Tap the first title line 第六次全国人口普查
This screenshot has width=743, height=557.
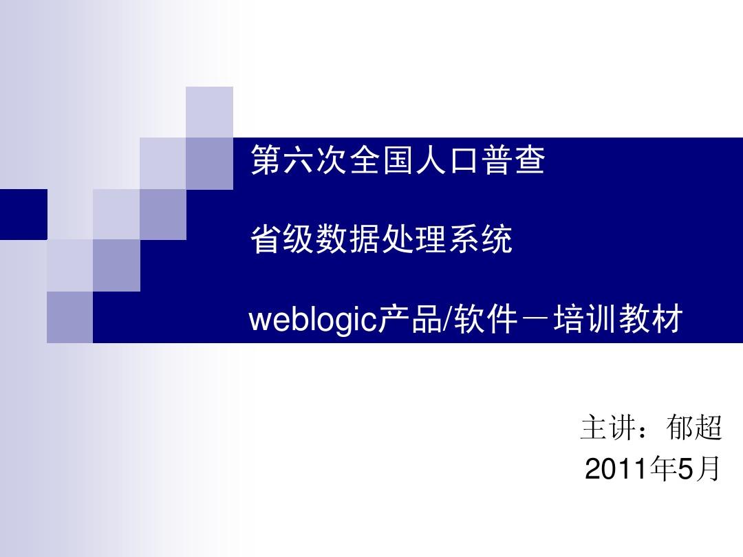398,160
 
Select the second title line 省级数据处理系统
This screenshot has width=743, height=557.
381,239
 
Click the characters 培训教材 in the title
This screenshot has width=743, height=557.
618,319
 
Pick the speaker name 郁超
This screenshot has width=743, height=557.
693,427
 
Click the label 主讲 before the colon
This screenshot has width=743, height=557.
608,427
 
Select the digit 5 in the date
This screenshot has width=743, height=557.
685,469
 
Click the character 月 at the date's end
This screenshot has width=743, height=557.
707,469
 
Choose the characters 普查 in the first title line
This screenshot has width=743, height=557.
513,160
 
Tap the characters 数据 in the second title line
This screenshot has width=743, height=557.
348,239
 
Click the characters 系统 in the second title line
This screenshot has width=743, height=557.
480,239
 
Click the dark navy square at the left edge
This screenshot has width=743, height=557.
23,215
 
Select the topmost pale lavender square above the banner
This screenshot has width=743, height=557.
209,112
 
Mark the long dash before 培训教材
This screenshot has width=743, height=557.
535,320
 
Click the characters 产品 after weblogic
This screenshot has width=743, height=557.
410,319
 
